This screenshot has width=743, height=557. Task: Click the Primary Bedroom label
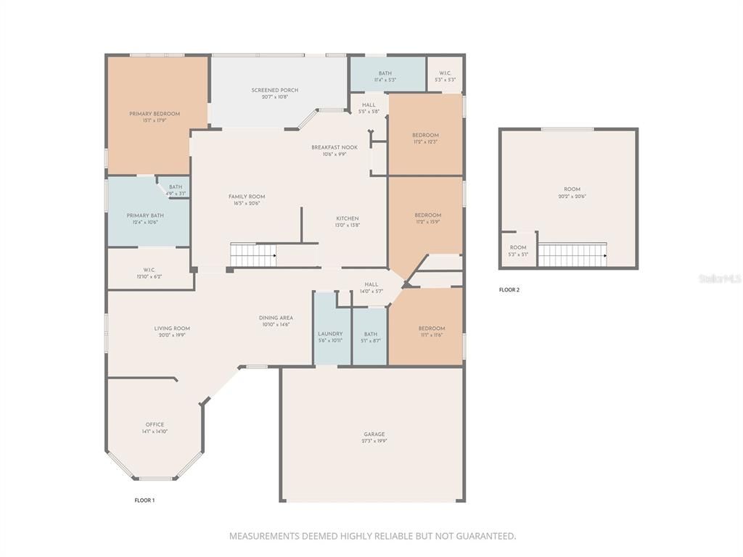coord(155,114)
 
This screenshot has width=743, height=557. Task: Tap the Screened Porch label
coord(275,91)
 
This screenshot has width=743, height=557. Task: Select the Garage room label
coord(374,434)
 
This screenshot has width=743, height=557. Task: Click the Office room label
coord(155,425)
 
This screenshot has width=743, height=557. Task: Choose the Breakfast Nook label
coord(334,147)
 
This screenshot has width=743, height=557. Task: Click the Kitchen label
coord(347,218)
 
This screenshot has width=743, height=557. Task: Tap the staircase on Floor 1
coord(253,255)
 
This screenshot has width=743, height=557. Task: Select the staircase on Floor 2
coord(572,255)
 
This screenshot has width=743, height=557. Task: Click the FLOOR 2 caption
coord(509,290)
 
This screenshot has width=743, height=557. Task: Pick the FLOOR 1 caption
coord(144,500)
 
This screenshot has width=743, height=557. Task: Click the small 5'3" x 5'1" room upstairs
coord(518,250)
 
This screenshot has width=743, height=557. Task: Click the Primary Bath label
coord(145,215)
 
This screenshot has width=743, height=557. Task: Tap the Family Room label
coord(247,197)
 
